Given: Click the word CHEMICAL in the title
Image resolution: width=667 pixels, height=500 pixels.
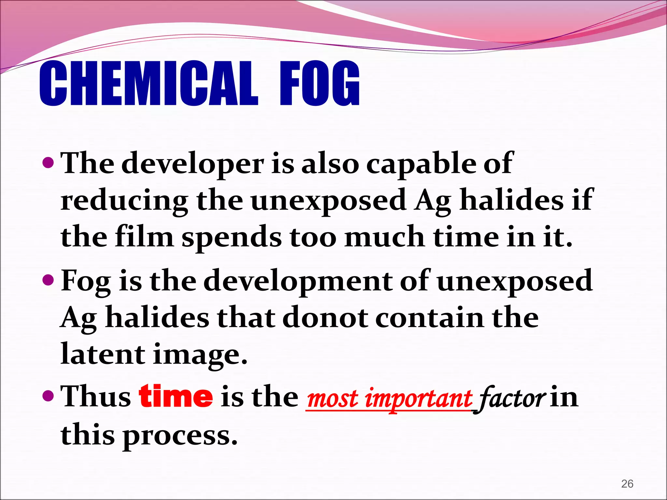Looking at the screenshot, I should point(148,84).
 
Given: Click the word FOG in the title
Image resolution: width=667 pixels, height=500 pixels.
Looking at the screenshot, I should point(320,84).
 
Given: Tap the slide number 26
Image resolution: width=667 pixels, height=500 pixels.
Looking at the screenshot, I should point(627,484).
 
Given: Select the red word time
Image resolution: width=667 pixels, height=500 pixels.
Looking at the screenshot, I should point(176,396).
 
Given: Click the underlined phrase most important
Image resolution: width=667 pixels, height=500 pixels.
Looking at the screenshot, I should point(389,399).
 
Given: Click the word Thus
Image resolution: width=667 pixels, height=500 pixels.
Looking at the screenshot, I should point(96,397).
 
